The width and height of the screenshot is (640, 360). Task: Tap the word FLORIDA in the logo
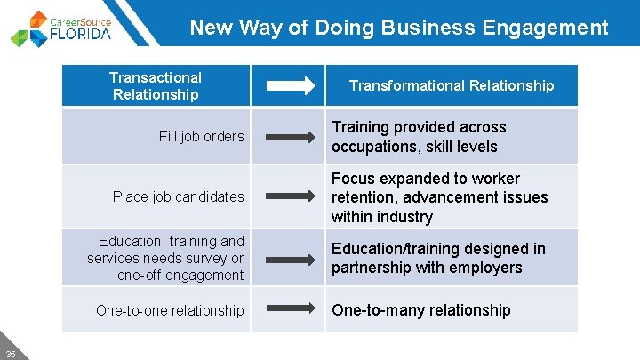pos(80,35)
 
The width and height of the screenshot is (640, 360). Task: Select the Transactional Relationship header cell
pos(156,86)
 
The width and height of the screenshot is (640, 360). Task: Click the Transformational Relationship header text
pos(451,85)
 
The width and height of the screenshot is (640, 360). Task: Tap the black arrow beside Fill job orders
pos(290,137)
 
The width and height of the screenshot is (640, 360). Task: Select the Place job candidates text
pos(178,196)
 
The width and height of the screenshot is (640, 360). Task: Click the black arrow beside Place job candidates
pos(290,197)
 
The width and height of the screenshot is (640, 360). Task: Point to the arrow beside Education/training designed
pos(290,259)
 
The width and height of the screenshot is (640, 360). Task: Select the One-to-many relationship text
pos(421,310)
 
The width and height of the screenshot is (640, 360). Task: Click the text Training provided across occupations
pos(419,137)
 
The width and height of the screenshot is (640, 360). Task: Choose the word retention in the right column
pos(363,197)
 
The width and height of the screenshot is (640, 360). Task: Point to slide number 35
pos(10,352)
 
